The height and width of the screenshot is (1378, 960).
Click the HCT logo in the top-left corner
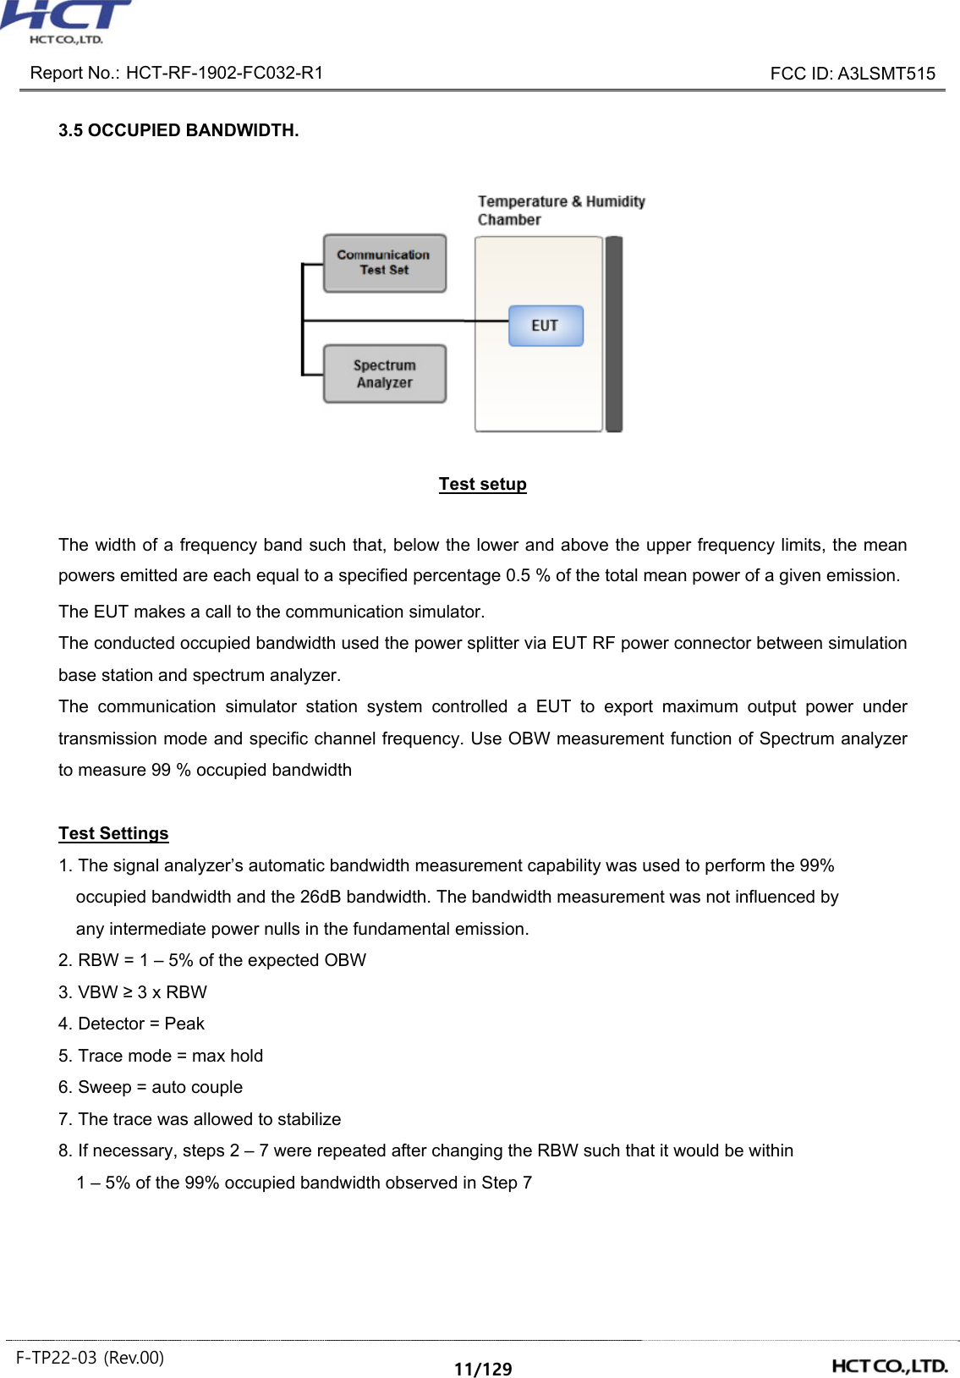[66, 22]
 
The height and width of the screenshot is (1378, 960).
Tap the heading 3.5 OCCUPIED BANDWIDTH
[178, 130]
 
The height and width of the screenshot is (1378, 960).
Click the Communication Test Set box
[384, 263]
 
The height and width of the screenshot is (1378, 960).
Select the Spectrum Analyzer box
[384, 374]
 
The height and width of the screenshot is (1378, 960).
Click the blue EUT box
[546, 326]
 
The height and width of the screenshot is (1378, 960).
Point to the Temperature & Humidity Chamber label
[560, 210]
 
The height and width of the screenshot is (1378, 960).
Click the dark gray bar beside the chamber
[614, 334]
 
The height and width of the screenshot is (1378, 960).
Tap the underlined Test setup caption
[482, 484]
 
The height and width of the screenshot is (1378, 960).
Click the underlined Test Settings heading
[113, 833]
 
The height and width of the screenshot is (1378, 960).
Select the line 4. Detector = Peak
[131, 1024]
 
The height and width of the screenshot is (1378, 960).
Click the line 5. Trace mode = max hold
[161, 1056]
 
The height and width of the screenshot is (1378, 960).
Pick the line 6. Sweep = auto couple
[151, 1087]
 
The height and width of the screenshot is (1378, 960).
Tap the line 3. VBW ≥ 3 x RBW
[133, 992]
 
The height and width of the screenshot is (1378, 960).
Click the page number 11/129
[482, 1369]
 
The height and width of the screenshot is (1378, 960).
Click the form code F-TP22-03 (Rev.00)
[90, 1358]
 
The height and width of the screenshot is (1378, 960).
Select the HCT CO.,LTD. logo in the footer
[889, 1365]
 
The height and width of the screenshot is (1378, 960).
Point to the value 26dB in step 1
[321, 897]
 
